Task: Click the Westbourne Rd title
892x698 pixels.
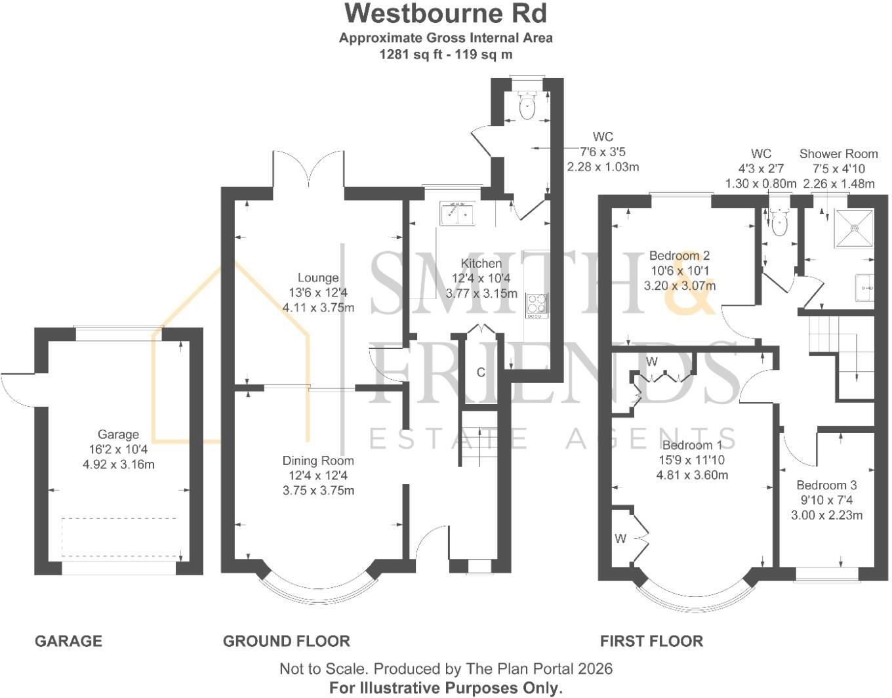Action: pos(446,13)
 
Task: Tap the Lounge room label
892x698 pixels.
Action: pos(318,278)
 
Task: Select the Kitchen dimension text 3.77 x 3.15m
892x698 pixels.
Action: pos(481,294)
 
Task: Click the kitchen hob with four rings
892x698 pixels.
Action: pos(537,306)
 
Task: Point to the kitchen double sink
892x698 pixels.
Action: pos(457,213)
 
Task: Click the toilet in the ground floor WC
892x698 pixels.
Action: pos(527,105)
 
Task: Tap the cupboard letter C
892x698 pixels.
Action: pos(481,373)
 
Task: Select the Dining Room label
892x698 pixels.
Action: pos(318,461)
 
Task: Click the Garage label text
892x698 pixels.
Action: pos(118,434)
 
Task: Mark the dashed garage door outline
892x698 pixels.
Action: pos(119,537)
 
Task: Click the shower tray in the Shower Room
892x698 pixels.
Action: pos(854,229)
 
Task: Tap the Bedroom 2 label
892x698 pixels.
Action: pos(679,256)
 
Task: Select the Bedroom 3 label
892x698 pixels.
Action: pos(826,485)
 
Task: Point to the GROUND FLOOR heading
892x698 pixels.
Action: pos(287,641)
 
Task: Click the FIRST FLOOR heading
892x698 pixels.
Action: pos(652,641)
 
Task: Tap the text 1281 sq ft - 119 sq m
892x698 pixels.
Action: pos(446,54)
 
